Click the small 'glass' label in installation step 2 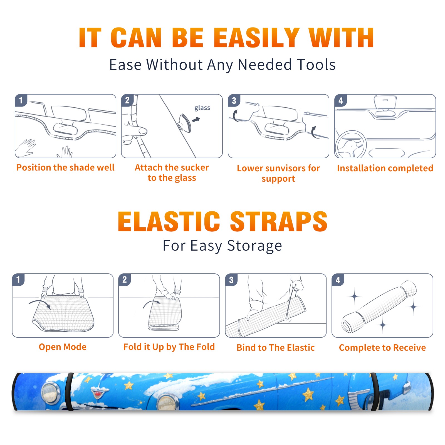[202, 108]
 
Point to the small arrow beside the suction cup [196, 120]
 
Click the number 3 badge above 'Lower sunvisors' [234, 101]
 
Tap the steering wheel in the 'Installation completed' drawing [351, 144]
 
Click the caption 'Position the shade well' [65, 167]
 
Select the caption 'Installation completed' [385, 168]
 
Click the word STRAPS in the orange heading [279, 221]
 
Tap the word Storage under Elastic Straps [254, 246]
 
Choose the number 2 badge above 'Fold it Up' [124, 280]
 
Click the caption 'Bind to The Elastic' [275, 348]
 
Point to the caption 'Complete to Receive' [382, 348]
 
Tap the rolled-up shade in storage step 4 [379, 306]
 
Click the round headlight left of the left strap [50, 393]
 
